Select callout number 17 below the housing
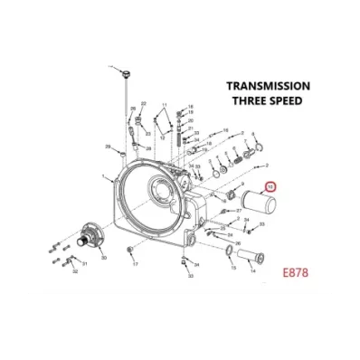coord(134,265)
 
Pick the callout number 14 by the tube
coord(252,268)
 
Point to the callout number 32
coord(75,270)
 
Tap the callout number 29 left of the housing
coord(108,145)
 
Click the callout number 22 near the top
coord(131,109)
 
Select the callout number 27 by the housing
coord(226,209)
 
